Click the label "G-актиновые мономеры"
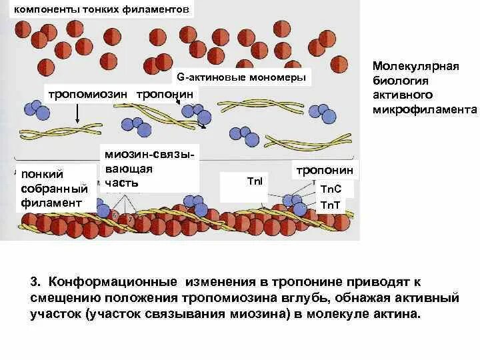(x=241, y=77)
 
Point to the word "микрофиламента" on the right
(x=425, y=109)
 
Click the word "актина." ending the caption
(x=398, y=313)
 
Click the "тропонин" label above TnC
(x=325, y=170)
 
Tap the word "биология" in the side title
(x=399, y=81)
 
